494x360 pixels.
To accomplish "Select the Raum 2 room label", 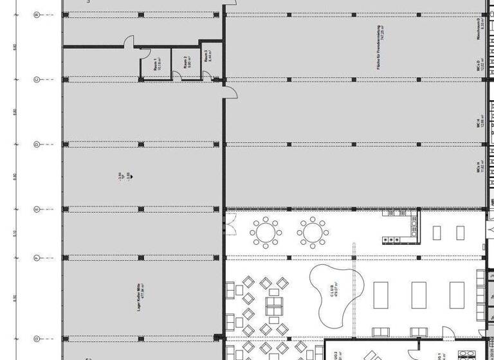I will (186, 63).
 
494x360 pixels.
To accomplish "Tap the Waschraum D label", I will (479, 30).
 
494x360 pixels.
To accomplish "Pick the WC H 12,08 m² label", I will (479, 123).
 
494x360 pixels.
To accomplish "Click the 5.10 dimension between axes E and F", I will (14, 233).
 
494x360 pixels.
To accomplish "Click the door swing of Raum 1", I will (129, 41).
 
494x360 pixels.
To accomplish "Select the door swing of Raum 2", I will (176, 76).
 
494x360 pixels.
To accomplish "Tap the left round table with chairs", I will (265, 231).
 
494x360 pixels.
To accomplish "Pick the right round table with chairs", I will (312, 231).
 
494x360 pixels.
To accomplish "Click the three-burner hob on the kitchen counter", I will (391, 239).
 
